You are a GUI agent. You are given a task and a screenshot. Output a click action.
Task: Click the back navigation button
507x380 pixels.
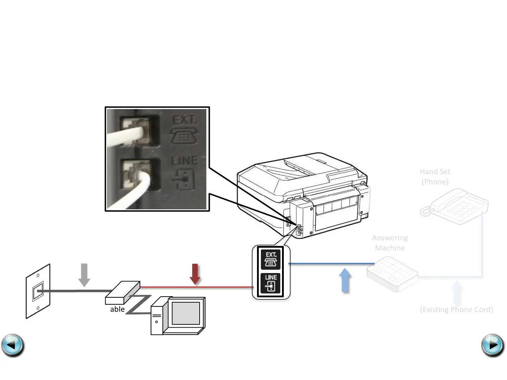[x=13, y=345]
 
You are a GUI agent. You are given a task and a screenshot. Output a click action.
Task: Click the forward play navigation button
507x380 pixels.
[x=493, y=345]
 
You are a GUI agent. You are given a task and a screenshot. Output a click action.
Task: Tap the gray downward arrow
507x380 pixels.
[x=84, y=275]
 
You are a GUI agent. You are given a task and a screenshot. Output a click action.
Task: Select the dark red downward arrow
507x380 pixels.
[x=195, y=274]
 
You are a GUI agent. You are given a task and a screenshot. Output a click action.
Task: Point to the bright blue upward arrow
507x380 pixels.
[x=345, y=280]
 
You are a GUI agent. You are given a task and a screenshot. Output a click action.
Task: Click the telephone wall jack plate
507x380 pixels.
[x=38, y=291]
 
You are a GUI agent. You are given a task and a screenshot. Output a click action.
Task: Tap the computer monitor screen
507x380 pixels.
[x=186, y=313]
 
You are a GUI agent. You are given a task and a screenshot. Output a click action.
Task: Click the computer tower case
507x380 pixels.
[x=157, y=316]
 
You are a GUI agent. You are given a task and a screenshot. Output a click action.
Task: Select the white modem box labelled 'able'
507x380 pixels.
[x=122, y=292]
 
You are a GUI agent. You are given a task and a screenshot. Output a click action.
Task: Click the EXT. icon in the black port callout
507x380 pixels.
[x=271, y=259]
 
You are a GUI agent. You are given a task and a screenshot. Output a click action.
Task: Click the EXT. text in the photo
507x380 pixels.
[x=184, y=120]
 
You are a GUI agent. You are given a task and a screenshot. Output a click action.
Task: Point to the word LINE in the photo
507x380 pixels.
[x=185, y=161]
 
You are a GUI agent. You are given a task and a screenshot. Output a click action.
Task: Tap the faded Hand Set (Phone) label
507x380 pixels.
[x=435, y=177]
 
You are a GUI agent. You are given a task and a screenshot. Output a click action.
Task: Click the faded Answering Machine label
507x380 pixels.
[x=390, y=243]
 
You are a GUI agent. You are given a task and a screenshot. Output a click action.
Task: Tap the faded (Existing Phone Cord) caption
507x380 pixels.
[x=456, y=310]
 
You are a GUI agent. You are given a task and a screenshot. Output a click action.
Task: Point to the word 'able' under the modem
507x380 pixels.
[x=117, y=309]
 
